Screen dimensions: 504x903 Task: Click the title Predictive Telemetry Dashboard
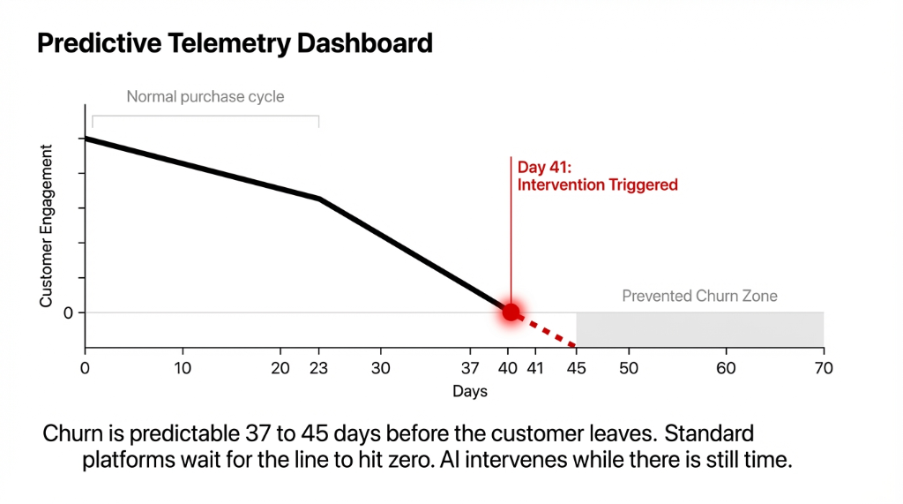[235, 42]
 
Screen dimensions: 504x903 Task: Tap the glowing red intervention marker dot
[511, 312]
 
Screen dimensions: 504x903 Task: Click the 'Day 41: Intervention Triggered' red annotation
[597, 176]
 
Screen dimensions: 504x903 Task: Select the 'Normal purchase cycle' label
[205, 96]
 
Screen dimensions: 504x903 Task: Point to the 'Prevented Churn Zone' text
[699, 296]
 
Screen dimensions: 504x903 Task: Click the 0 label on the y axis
[68, 312]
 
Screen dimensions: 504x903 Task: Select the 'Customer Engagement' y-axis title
[47, 227]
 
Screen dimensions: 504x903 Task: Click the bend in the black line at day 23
[318, 199]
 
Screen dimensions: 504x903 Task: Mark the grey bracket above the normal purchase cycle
[205, 117]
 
